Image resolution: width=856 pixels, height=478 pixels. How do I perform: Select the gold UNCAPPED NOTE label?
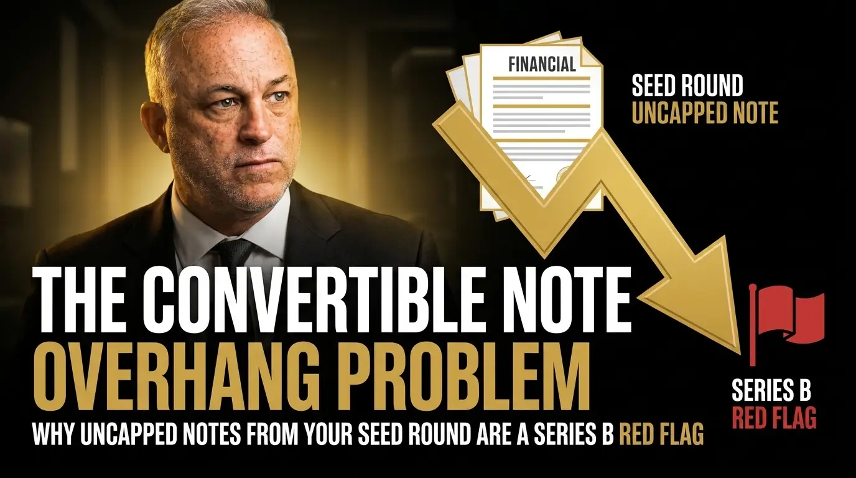click(705, 113)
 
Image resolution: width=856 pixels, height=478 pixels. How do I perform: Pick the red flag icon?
click(786, 317)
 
